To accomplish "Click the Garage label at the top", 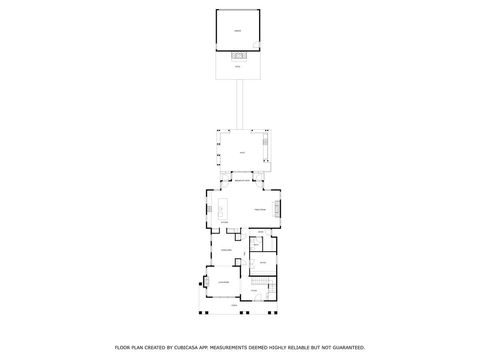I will click(x=237, y=31).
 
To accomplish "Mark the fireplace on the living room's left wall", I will click(x=208, y=283).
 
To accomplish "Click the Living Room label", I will click(x=225, y=283).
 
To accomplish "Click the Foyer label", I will click(x=253, y=290).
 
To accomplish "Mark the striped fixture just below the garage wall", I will click(x=238, y=56).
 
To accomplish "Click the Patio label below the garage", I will click(x=237, y=67).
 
